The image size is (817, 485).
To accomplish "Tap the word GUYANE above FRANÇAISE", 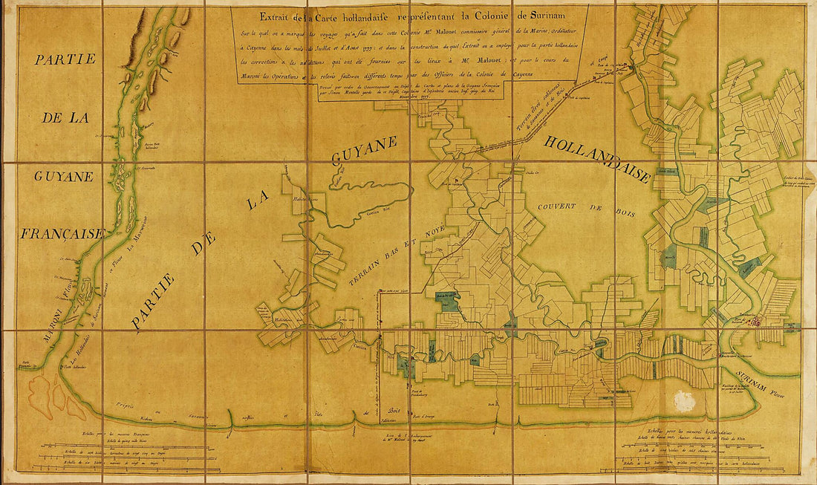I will tap(62, 177).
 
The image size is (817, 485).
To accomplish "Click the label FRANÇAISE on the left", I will tap(62, 233).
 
